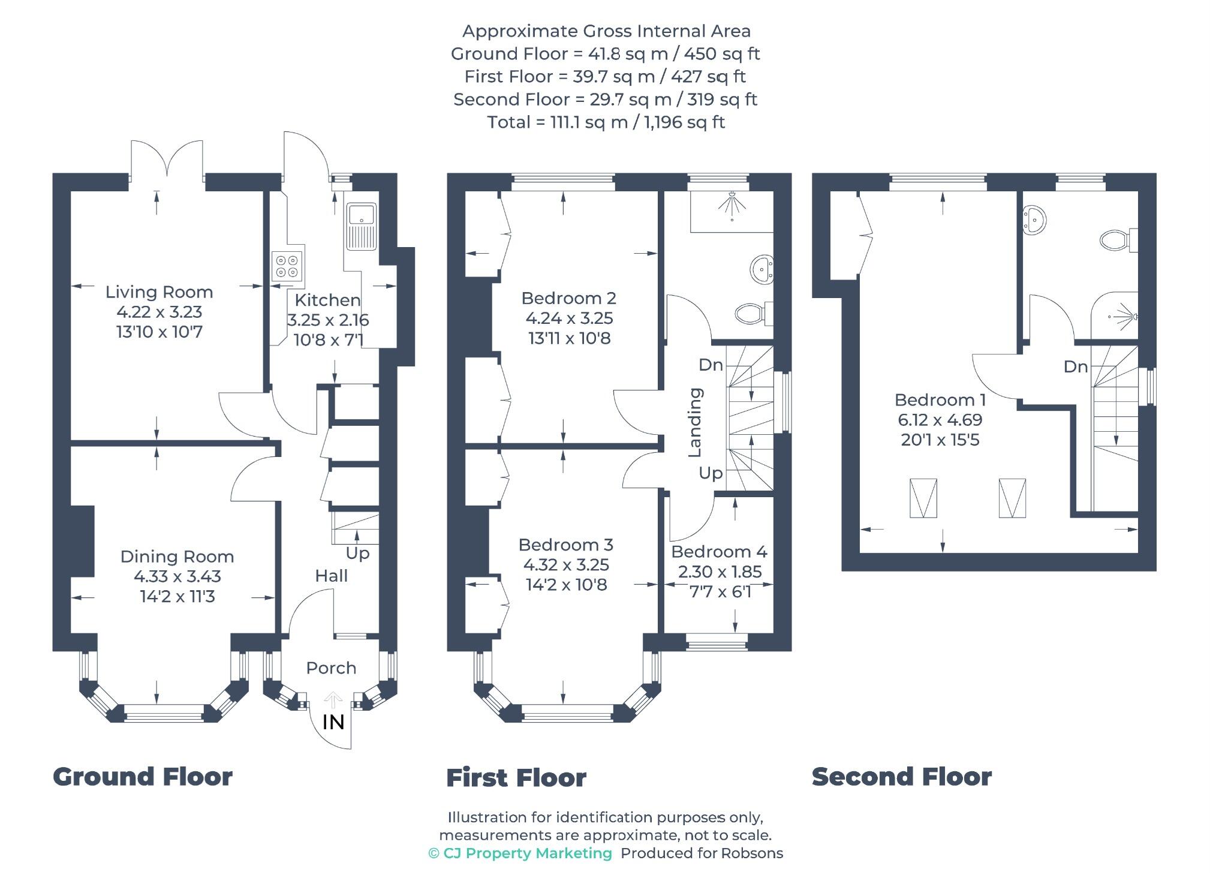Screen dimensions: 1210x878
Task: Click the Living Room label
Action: pos(159,292)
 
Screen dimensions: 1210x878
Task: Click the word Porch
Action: pos(331,667)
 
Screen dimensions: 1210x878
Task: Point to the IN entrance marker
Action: pos(333,722)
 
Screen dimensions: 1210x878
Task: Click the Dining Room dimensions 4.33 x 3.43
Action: pos(177,576)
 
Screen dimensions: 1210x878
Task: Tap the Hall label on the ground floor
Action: pos(331,576)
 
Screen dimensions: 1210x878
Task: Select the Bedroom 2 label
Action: pos(568,298)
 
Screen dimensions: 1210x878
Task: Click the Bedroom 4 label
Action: pos(719,552)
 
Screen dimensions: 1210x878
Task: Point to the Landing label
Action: pos(694,422)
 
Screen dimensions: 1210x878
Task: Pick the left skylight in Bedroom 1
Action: pos(923,498)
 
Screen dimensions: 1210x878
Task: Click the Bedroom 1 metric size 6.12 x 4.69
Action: pos(940,420)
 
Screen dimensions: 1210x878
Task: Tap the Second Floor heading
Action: pos(902,777)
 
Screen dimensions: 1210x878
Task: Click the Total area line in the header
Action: pos(606,122)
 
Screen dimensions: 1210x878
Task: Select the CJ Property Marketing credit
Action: pos(520,853)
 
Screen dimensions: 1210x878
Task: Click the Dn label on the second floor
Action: pos(1076,367)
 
